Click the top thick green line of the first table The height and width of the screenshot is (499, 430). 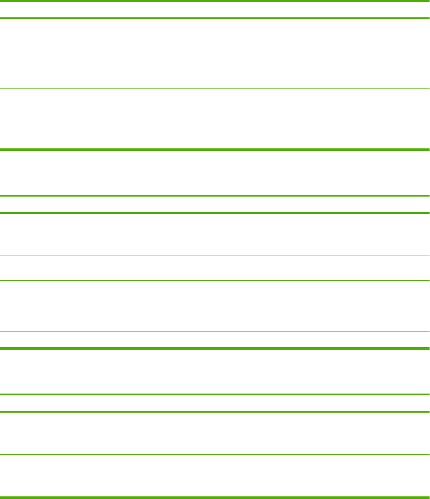215,0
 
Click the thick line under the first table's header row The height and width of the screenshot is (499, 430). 215,18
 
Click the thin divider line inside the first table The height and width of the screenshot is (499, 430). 215,89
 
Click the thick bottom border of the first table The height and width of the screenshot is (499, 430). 215,150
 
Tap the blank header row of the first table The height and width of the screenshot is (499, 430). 215,10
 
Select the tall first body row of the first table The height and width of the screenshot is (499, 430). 215,53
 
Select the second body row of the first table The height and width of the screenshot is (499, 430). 215,119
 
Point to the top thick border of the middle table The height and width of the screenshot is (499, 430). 215,196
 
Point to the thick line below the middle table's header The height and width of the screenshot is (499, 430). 215,213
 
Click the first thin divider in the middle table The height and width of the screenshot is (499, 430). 215,256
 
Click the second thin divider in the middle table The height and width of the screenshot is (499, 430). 215,280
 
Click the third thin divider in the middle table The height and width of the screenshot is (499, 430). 215,332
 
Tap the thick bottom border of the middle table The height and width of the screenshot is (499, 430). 215,348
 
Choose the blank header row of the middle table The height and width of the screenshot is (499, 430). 215,204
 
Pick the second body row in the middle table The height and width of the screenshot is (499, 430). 215,268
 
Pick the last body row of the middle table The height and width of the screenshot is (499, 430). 215,340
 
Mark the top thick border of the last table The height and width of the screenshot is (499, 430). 215,394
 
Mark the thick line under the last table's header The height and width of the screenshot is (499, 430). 215,411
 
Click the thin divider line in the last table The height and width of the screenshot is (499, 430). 215,454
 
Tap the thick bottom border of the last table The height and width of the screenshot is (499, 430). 215,497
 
